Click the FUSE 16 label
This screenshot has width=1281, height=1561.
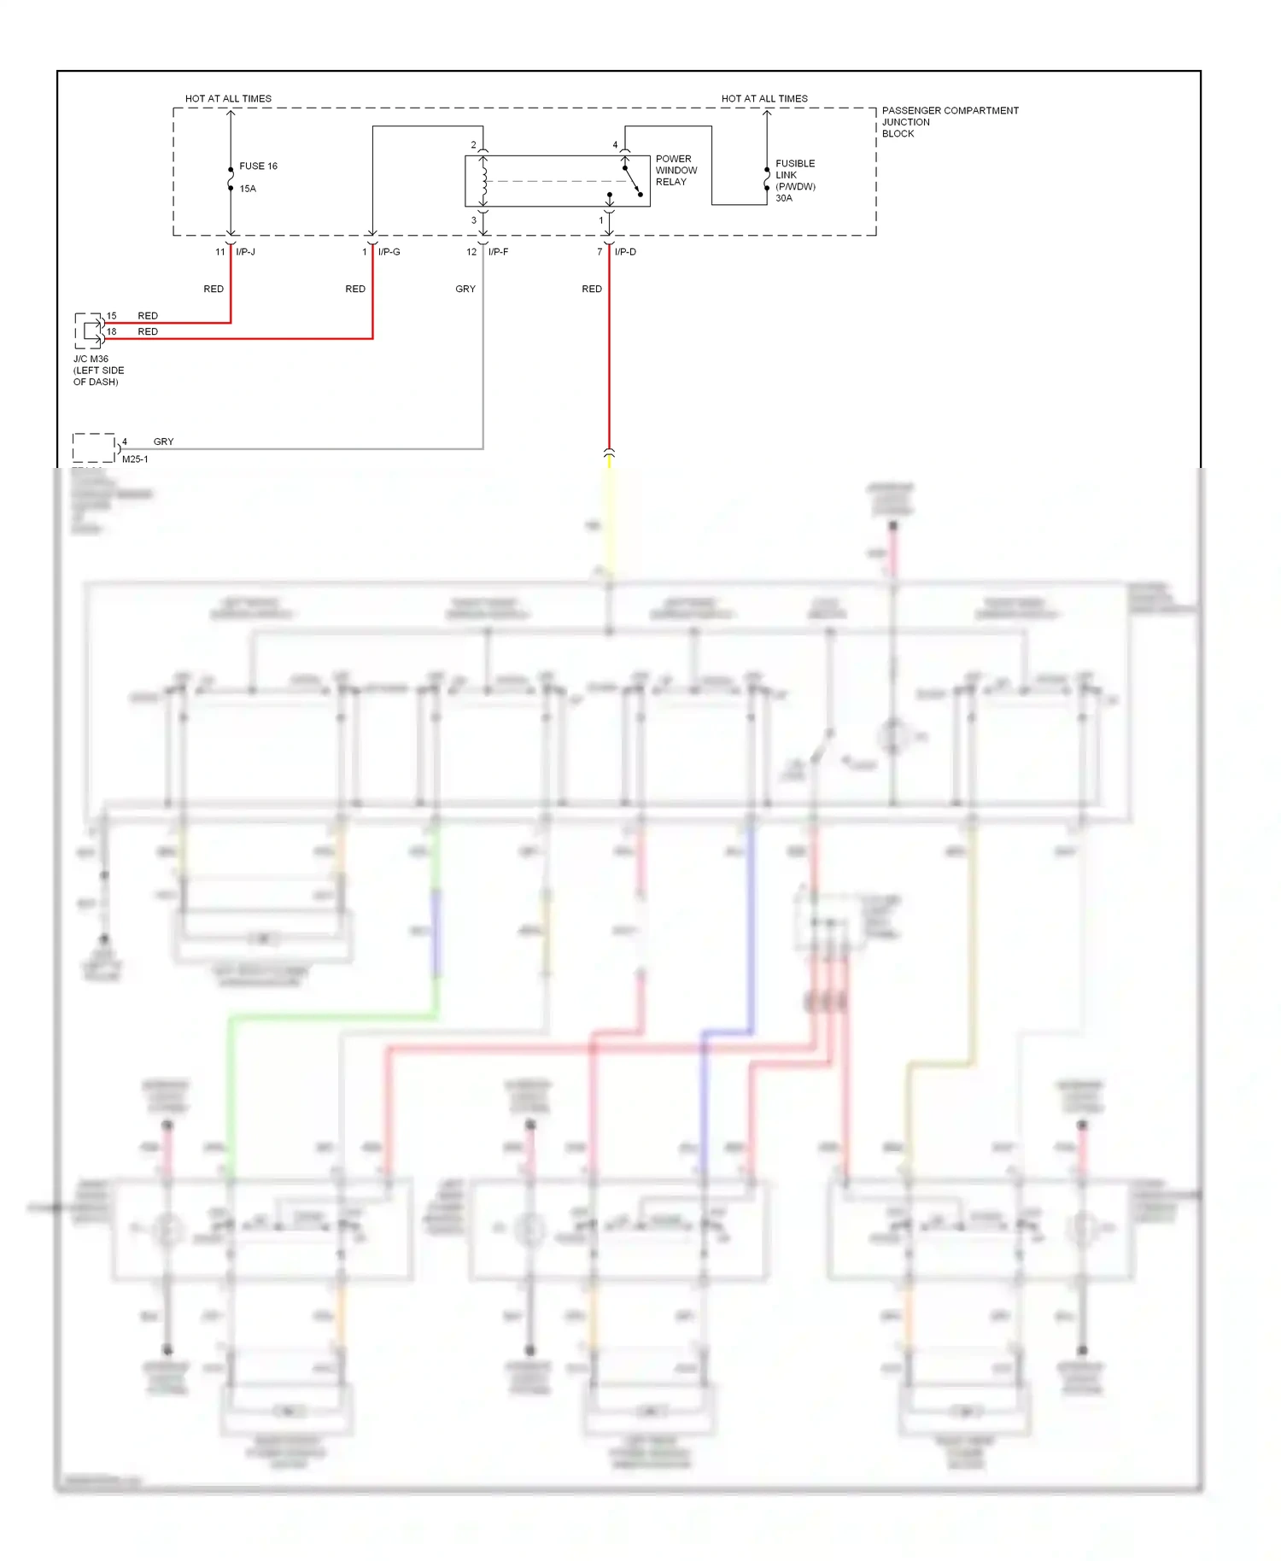click(x=258, y=167)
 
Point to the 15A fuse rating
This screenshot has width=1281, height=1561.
click(x=248, y=189)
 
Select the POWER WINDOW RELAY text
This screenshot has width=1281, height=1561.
click(x=676, y=170)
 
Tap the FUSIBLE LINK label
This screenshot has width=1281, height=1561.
click(x=794, y=169)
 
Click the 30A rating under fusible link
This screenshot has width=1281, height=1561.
click(x=784, y=198)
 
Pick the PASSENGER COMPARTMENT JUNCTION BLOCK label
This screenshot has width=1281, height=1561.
click(x=950, y=122)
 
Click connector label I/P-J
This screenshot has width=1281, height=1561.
click(x=246, y=252)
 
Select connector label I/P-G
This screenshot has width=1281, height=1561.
click(x=389, y=252)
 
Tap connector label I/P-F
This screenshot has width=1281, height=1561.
click(x=499, y=252)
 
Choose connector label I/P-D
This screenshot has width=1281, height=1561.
click(x=625, y=252)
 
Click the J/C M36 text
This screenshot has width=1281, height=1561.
click(x=91, y=360)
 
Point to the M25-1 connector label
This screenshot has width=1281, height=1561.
click(x=135, y=459)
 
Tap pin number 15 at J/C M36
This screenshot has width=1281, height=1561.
click(x=111, y=316)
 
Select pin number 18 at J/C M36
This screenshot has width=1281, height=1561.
click(x=111, y=331)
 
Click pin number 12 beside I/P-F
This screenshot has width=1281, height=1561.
click(x=471, y=252)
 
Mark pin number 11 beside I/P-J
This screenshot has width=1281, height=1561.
click(x=219, y=252)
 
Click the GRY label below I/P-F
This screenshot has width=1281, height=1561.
click(x=465, y=289)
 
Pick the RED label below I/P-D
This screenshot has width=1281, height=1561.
click(x=592, y=289)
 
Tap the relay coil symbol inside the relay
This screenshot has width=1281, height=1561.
click(x=484, y=180)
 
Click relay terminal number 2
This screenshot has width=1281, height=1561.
click(x=473, y=145)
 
